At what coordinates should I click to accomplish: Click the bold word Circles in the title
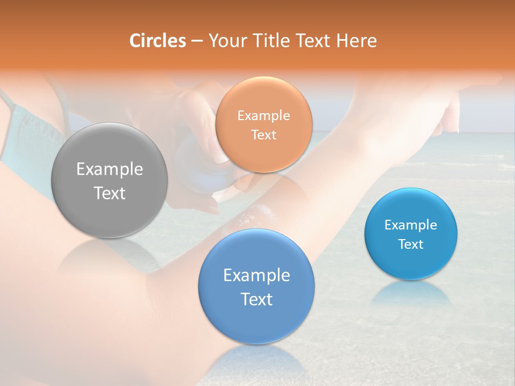coord(158,41)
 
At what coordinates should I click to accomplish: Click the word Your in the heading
coord(226,41)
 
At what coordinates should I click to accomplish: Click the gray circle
coord(109,181)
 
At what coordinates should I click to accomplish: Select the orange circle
coord(263,124)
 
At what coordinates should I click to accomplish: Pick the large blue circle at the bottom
coord(256,287)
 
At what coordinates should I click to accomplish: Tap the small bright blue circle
coord(411,234)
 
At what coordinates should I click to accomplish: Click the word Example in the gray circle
coord(109,169)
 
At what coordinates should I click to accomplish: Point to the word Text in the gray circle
coord(109,193)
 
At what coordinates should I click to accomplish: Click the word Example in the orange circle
coord(263,115)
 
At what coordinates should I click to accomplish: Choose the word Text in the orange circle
coord(263,135)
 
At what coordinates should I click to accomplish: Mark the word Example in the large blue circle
coord(256,276)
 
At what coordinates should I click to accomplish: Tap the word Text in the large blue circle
coord(256,299)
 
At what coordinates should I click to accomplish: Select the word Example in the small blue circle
coord(411,225)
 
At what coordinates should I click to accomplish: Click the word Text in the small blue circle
coord(411,244)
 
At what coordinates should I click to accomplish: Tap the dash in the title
coord(197,41)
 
